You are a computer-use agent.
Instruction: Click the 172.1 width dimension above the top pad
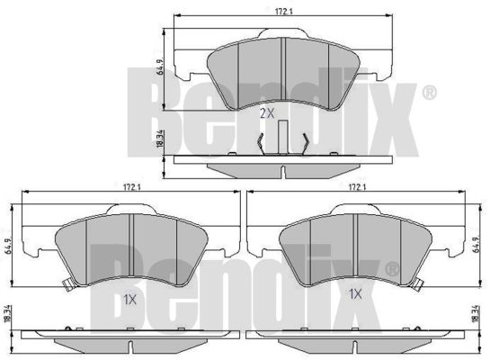[283, 11]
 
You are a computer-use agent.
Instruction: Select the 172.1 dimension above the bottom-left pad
[131, 187]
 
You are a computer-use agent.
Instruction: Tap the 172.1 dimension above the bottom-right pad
[357, 187]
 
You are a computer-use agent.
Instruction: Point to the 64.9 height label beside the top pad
[161, 67]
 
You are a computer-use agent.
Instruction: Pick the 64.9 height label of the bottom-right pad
[476, 244]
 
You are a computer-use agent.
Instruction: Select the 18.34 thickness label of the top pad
[160, 139]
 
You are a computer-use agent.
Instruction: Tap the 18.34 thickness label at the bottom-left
[8, 314]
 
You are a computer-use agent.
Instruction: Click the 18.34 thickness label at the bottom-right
[476, 314]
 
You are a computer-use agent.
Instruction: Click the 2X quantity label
[267, 113]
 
